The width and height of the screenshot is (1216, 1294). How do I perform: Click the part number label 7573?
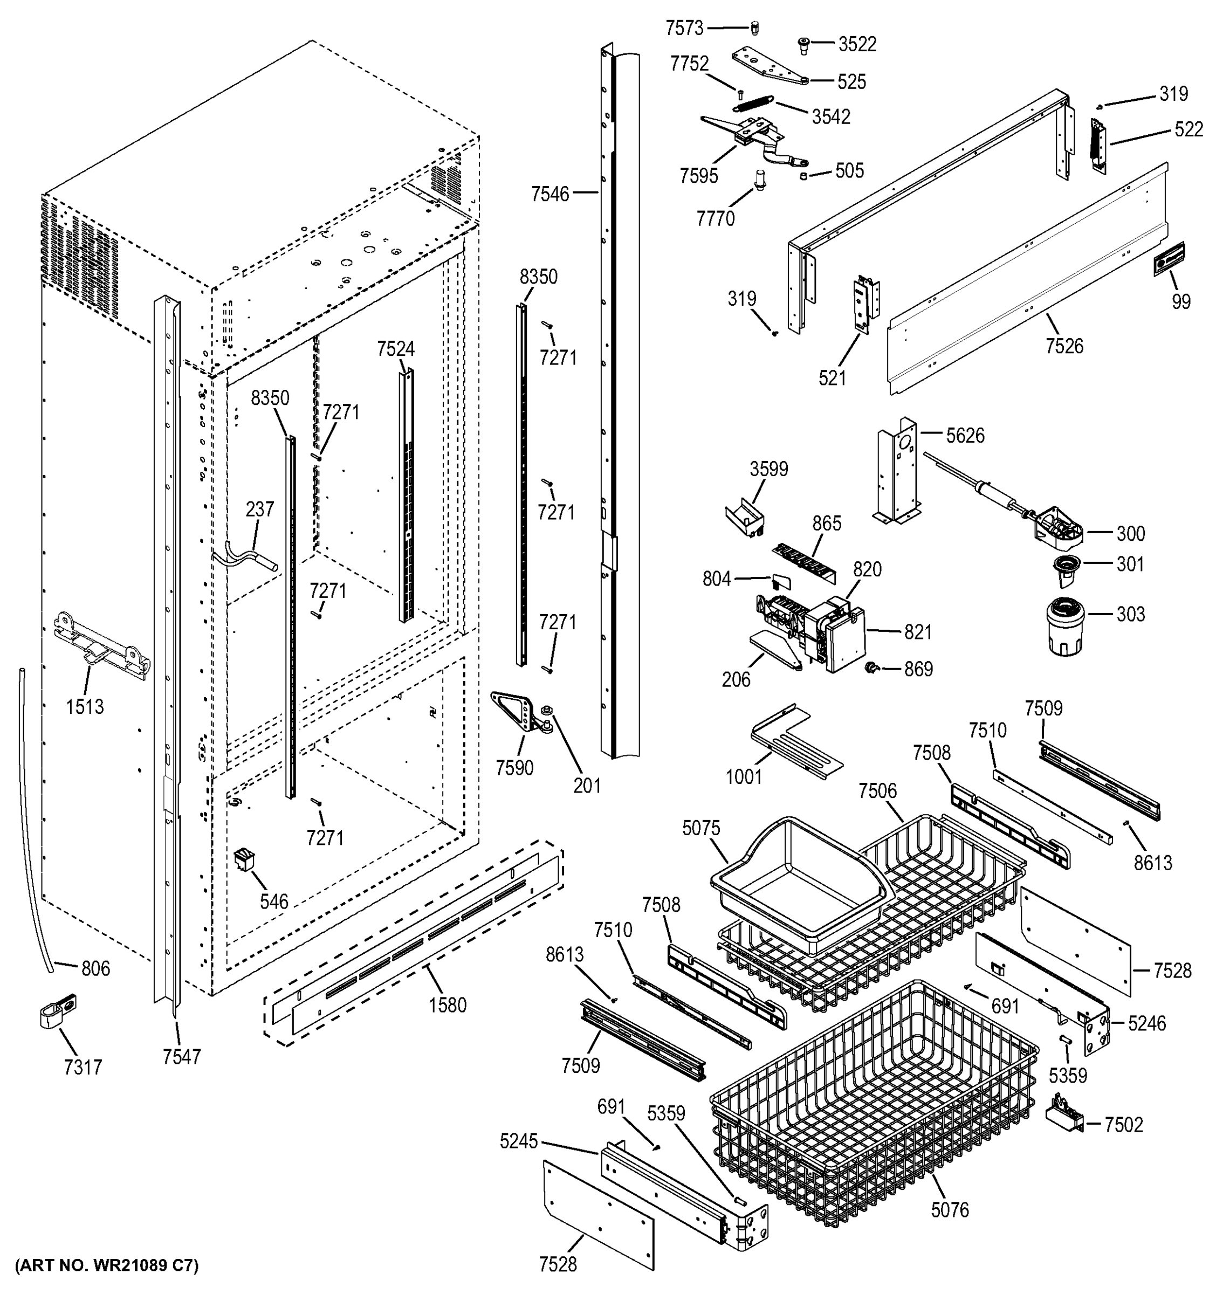pyautogui.click(x=684, y=28)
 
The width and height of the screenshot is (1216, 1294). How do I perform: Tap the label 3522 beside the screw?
pyautogui.click(x=857, y=44)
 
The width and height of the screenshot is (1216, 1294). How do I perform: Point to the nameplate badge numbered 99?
pyautogui.click(x=1169, y=259)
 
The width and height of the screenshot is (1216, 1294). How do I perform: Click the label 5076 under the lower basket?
pyautogui.click(x=950, y=1210)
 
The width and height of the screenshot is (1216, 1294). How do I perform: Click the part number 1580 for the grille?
pyautogui.click(x=447, y=1006)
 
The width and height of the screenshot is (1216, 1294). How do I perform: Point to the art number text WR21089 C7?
pyautogui.click(x=106, y=1265)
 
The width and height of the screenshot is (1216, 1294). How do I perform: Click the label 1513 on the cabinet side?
pyautogui.click(x=85, y=706)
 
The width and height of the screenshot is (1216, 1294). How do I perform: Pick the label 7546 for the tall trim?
pyautogui.click(x=550, y=194)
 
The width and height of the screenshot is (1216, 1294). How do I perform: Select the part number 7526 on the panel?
pyautogui.click(x=1064, y=346)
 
